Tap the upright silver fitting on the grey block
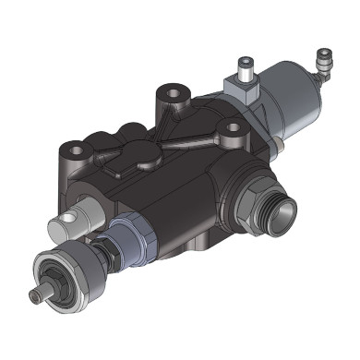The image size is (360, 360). click(244, 66)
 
